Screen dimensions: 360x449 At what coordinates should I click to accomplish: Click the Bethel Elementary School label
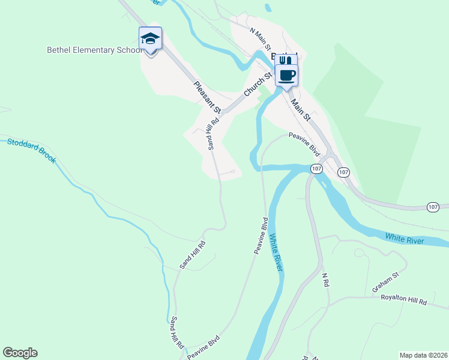coord(95,50)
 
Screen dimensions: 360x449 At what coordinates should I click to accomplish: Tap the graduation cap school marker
coord(150,40)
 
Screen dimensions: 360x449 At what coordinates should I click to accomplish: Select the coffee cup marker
coord(287,75)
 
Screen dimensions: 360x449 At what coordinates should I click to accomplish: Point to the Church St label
coord(258,85)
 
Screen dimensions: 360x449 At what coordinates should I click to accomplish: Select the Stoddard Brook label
coord(31,151)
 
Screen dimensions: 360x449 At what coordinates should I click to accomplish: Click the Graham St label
coord(385,282)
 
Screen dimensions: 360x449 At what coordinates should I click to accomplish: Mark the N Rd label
coord(326,280)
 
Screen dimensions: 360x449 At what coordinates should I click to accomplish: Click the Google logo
coord(20,353)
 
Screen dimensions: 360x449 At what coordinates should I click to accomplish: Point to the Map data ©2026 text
coord(423,355)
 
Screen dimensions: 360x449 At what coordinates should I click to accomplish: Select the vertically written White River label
coord(276,253)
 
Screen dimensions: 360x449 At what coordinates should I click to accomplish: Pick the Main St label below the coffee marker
coord(301,110)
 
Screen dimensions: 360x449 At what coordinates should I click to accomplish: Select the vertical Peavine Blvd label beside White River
coord(261,236)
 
